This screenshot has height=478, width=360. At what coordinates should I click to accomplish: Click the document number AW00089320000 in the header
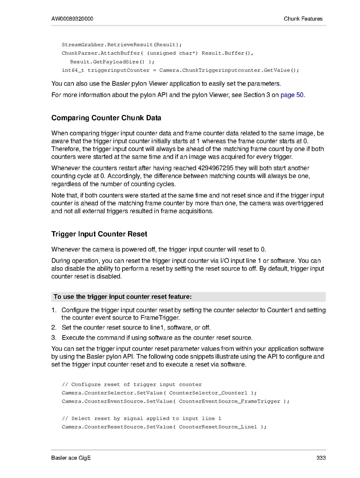point(72,19)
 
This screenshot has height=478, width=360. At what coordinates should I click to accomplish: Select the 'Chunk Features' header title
point(303,19)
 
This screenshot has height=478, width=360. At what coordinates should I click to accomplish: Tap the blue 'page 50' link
point(293,95)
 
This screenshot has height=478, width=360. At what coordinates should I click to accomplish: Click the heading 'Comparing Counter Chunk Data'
point(106,118)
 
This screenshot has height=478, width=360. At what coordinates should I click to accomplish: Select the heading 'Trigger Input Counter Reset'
point(99,234)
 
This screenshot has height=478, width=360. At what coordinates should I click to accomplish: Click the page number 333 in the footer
point(321,458)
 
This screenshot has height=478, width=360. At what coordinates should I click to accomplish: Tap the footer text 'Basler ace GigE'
point(71,458)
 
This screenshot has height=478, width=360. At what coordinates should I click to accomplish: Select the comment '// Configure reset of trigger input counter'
point(132,385)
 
